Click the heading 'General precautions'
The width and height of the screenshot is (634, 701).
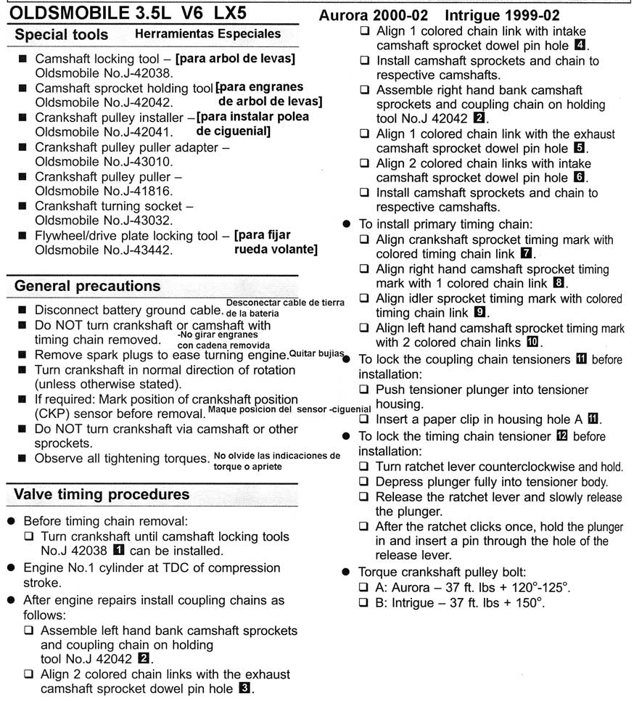[x=88, y=286]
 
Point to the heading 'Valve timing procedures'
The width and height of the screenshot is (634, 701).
[x=102, y=494]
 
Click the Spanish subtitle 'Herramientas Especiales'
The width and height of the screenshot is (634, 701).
[x=207, y=33]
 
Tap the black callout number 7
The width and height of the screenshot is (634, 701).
[x=527, y=254]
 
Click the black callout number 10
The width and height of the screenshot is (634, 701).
[x=532, y=343]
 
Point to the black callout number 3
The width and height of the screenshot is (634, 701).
[x=245, y=689]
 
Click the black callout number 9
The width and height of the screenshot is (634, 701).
[x=479, y=313]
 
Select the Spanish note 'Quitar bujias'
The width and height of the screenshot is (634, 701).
[x=316, y=353]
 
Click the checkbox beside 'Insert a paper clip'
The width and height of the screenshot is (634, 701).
[x=364, y=419]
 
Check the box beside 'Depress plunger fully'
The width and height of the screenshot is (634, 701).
[x=364, y=482]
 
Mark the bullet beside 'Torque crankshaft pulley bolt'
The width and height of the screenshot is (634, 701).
[x=347, y=570]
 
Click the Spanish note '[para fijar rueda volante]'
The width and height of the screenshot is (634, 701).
[x=275, y=242]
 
